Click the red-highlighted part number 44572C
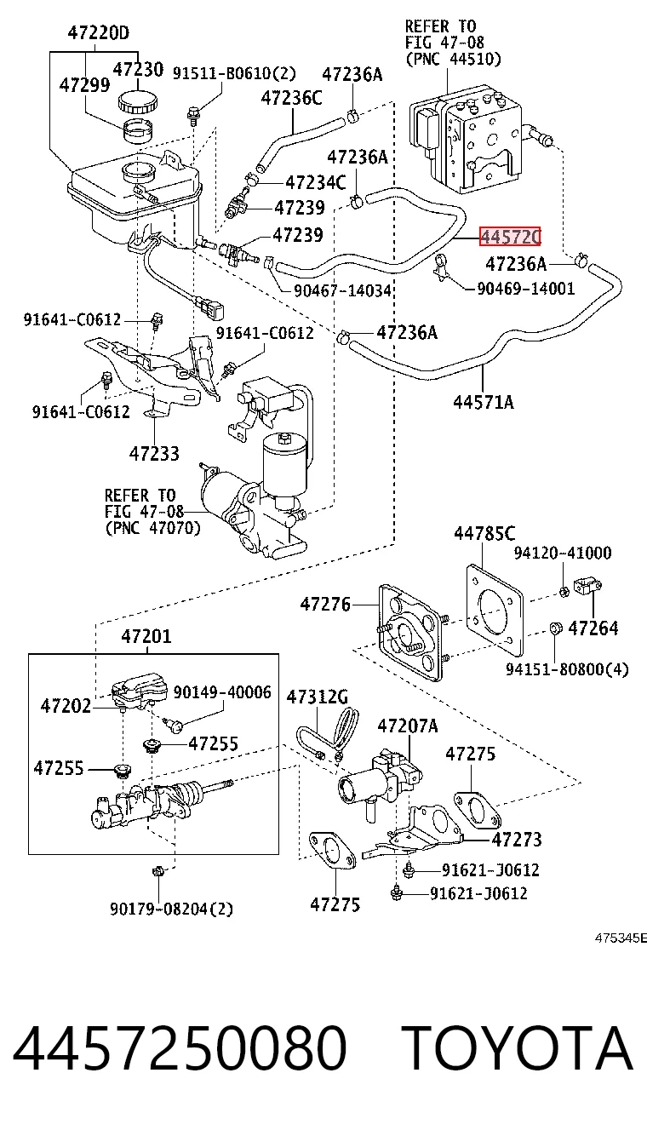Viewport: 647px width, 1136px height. point(510,237)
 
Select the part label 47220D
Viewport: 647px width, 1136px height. point(99,33)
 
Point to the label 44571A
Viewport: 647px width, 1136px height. point(484,402)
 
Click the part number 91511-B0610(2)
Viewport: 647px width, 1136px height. point(234,73)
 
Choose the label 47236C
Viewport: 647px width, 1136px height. point(291,97)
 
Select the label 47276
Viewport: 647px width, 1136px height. point(325,604)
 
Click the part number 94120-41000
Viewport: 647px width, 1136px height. point(563,553)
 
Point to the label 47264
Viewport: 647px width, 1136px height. point(593,628)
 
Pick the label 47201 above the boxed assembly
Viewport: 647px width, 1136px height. point(146,636)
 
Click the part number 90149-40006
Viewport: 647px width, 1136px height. point(222,692)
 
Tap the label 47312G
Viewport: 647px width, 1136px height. point(318,697)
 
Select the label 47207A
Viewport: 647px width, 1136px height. point(408,726)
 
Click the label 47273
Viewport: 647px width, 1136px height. point(517,840)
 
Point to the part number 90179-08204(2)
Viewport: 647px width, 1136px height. point(171,909)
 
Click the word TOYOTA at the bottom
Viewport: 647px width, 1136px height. point(520,1047)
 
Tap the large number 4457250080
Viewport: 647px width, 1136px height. point(180,1047)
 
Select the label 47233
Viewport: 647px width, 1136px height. point(154,453)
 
